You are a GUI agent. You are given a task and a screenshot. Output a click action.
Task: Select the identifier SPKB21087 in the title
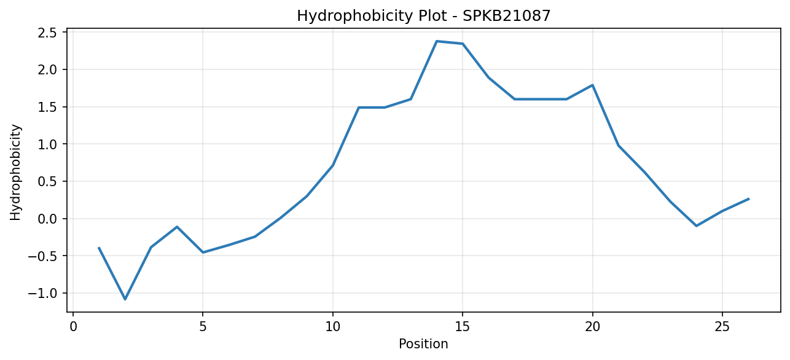(506, 16)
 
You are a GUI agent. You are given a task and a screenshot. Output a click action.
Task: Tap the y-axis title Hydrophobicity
(15, 173)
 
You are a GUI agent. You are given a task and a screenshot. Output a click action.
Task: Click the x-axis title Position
(423, 344)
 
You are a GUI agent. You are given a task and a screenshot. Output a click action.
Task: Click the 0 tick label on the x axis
(73, 327)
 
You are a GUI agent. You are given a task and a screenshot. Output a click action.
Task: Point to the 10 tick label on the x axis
(332, 327)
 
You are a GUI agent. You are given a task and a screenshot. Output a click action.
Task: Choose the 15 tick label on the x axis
(463, 327)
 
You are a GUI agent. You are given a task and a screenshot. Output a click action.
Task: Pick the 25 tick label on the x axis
(722, 327)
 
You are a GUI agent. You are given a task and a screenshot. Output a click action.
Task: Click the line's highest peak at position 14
(437, 41)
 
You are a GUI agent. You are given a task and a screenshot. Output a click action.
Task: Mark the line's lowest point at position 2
(125, 299)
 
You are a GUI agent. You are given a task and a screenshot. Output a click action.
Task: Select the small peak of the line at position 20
(592, 85)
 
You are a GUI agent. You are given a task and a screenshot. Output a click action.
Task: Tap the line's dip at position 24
(696, 225)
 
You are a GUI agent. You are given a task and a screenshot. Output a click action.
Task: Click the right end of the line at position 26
(748, 199)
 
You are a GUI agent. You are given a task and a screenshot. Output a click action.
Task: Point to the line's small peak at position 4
(177, 227)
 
